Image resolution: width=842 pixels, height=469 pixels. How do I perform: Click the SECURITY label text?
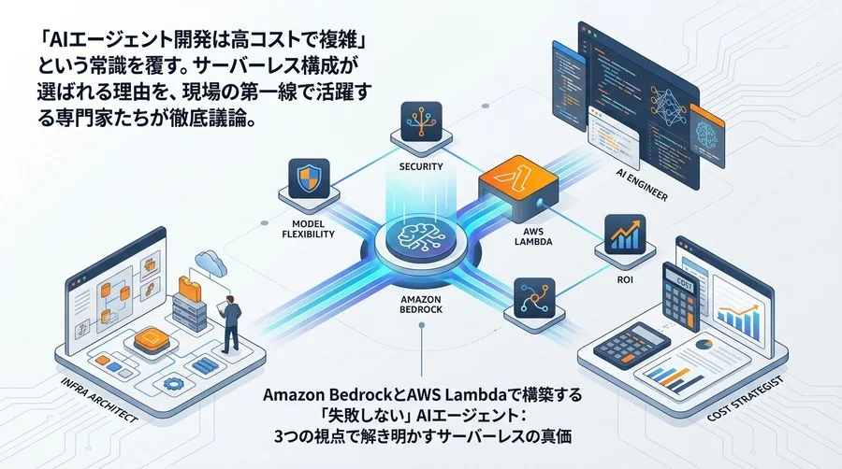tap(420, 167)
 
